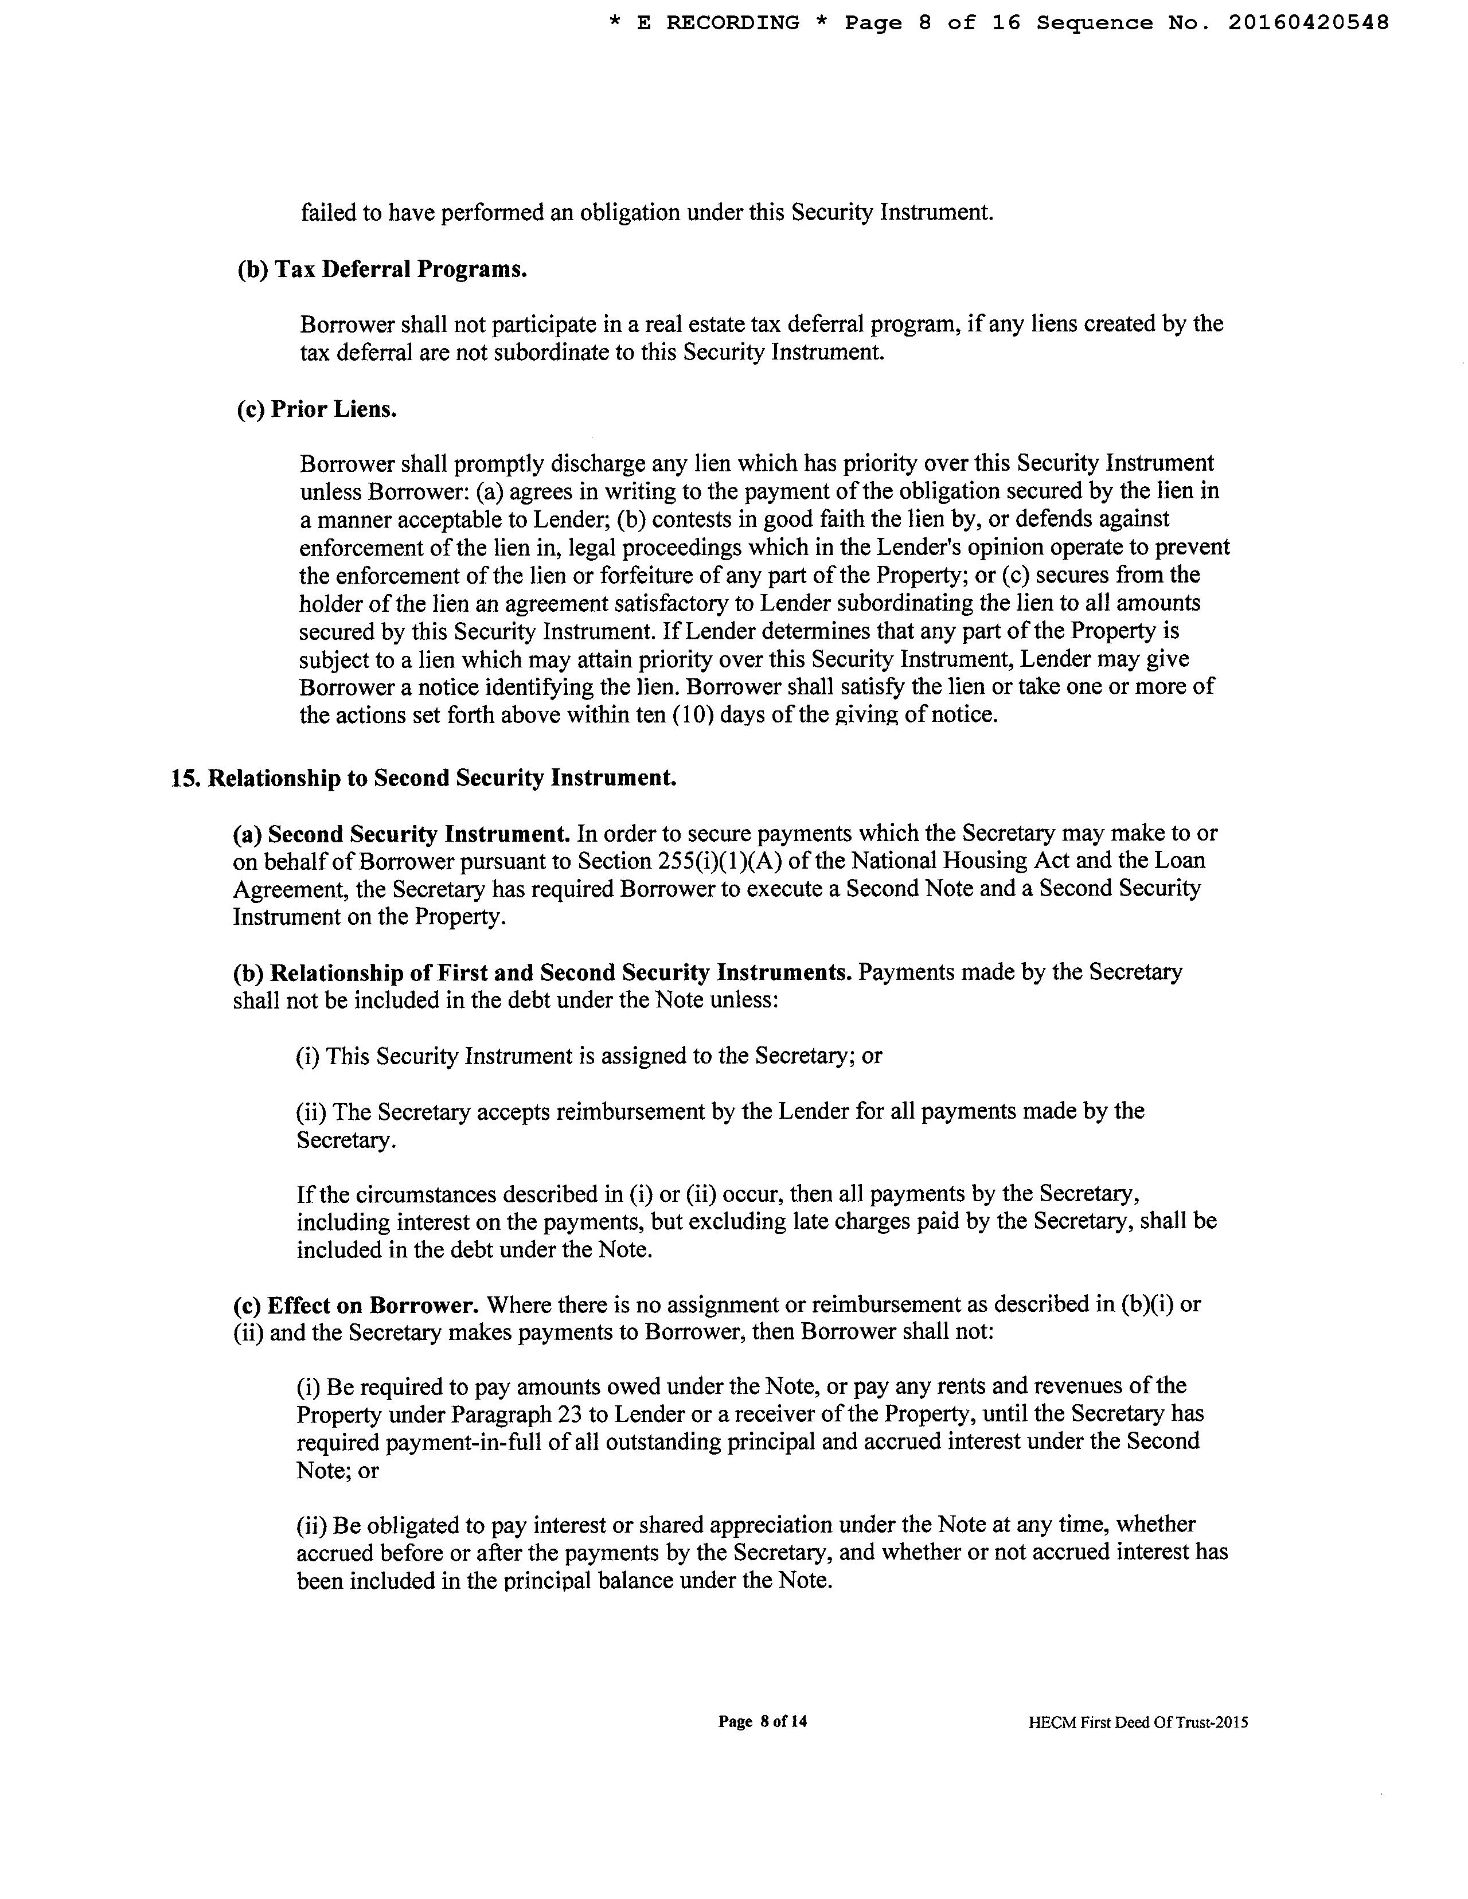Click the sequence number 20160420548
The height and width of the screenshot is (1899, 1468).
point(1308,24)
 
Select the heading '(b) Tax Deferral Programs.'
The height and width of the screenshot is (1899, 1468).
point(382,269)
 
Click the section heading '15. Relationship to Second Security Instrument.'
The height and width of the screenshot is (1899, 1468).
point(424,778)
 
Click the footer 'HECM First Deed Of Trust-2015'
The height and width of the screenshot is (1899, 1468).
point(1138,1722)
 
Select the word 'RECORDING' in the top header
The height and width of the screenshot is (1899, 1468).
point(733,24)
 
